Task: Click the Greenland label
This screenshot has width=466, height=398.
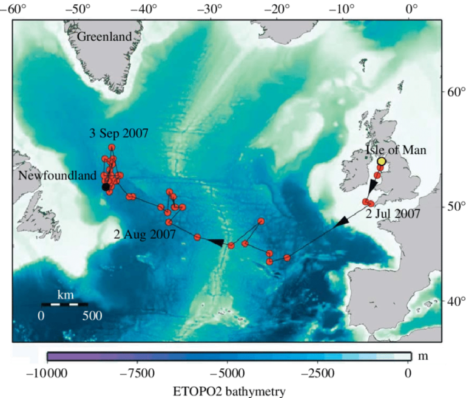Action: (104, 37)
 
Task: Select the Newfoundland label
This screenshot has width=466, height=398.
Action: (58, 176)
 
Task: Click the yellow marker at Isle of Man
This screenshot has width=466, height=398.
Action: (382, 161)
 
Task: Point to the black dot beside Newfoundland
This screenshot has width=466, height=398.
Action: (106, 187)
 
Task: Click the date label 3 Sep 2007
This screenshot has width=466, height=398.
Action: (119, 133)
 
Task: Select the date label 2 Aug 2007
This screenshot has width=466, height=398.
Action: (145, 233)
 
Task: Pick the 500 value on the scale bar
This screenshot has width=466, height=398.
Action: (92, 315)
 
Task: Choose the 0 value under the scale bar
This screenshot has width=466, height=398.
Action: (41, 315)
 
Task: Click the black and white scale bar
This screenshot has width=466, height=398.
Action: (64, 304)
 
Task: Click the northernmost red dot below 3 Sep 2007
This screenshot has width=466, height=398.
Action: (112, 148)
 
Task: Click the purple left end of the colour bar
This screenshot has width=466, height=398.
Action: (52, 356)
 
